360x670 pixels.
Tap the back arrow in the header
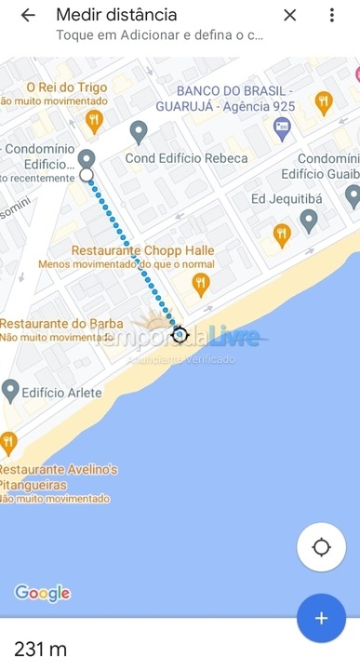tap(28, 16)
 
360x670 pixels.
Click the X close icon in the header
tap(290, 16)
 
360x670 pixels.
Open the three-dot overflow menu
tap(332, 16)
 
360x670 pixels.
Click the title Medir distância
tap(116, 15)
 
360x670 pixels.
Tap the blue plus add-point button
tap(321, 618)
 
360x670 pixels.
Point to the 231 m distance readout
tap(41, 650)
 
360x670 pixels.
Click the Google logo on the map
tap(43, 594)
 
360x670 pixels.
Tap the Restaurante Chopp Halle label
tap(143, 251)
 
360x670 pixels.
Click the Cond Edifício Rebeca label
tap(187, 158)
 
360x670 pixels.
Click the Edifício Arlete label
tap(60, 393)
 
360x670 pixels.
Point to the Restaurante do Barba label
tap(56, 324)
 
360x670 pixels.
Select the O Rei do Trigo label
tap(54, 87)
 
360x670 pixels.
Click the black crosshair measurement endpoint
tap(180, 334)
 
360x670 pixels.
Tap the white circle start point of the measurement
tap(87, 174)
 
